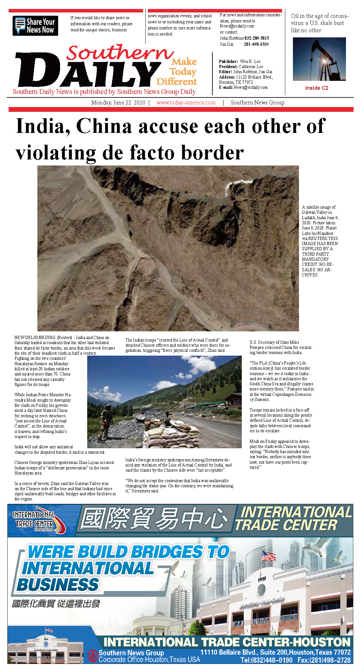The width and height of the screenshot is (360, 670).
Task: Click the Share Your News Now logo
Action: point(35,26)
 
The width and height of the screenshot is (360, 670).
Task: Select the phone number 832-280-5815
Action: point(257,38)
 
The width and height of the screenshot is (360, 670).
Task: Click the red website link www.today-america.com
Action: point(186,103)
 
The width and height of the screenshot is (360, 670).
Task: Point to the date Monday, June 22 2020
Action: point(118,103)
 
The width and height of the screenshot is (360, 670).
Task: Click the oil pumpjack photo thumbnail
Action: point(319,59)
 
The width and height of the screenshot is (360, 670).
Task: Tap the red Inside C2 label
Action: point(317,88)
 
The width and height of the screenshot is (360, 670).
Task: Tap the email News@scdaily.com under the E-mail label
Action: point(251,87)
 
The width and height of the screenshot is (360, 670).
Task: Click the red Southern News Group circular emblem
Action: point(93,656)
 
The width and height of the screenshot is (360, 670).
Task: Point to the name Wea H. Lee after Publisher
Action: point(250,61)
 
